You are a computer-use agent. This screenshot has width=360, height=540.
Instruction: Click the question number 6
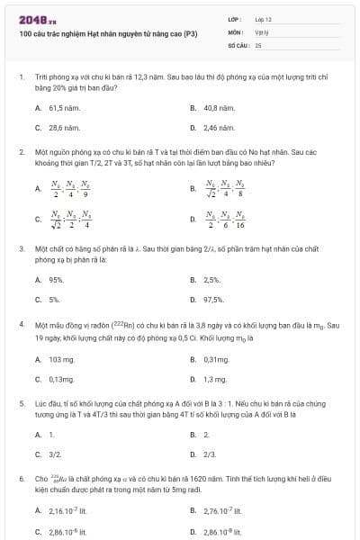click(22, 479)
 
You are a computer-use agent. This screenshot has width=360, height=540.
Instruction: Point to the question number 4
click(22, 322)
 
